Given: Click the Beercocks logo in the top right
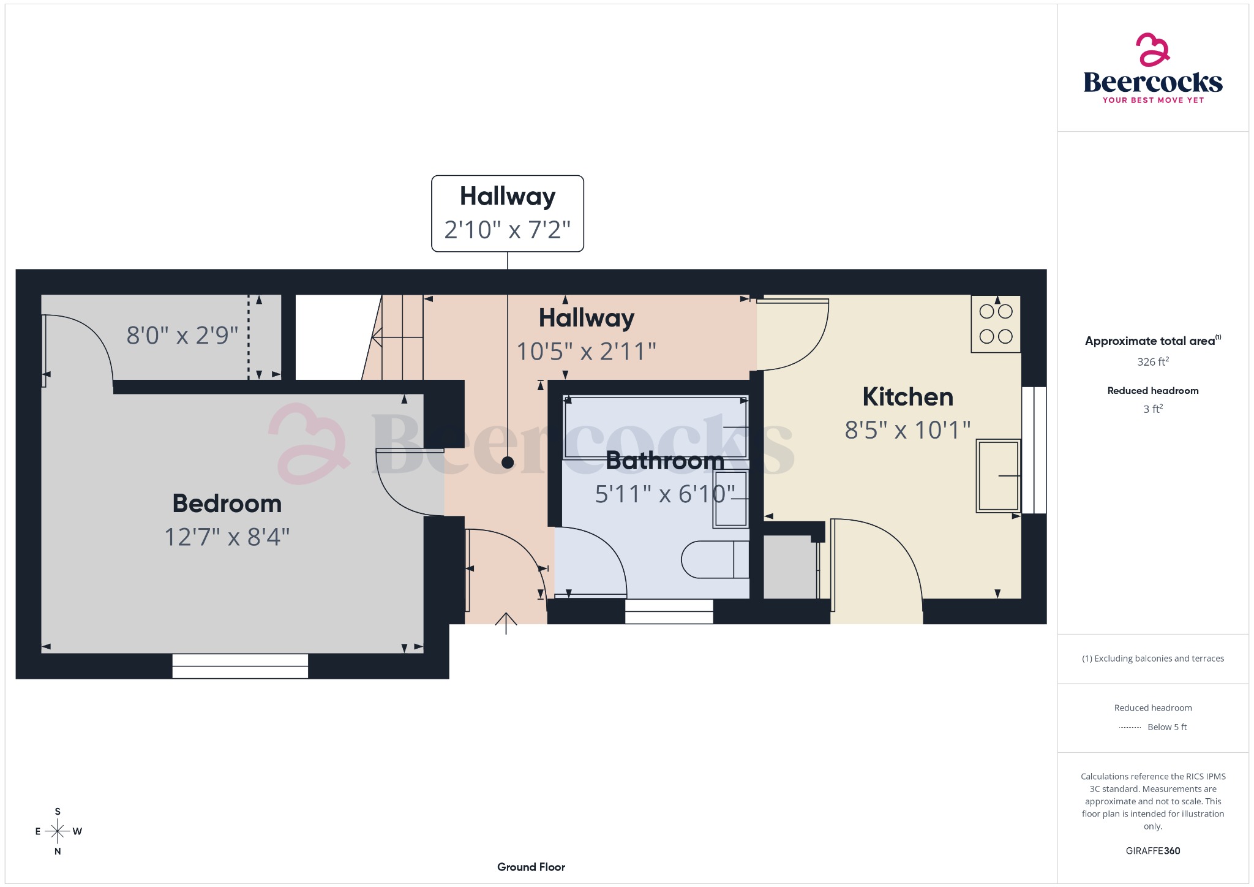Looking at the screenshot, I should [x=1152, y=69].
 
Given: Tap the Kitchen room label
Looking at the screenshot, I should [x=907, y=397].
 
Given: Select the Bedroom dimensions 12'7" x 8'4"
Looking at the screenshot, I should [x=227, y=537].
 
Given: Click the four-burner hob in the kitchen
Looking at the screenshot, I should [x=996, y=324].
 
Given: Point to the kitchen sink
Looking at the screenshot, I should [x=997, y=475].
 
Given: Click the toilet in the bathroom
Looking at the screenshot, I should [x=713, y=559].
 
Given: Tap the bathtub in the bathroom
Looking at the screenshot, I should [x=655, y=427].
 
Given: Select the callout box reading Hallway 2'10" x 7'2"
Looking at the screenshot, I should [x=507, y=214].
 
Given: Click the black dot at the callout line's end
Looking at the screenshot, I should [x=507, y=462].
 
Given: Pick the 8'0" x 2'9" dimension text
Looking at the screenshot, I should [x=182, y=336].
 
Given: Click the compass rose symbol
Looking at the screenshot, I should [x=58, y=831].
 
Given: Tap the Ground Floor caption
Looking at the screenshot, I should [x=531, y=867].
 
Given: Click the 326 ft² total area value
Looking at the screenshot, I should [x=1152, y=362].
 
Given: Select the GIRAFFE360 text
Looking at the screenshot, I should [x=1152, y=850].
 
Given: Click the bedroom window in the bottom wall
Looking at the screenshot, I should [x=240, y=666].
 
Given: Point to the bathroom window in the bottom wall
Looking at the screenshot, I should [x=669, y=611].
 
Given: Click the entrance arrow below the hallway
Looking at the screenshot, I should [x=506, y=623].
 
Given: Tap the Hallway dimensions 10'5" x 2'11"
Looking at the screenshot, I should [x=586, y=352].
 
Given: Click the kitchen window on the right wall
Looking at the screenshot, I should [x=1034, y=450].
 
